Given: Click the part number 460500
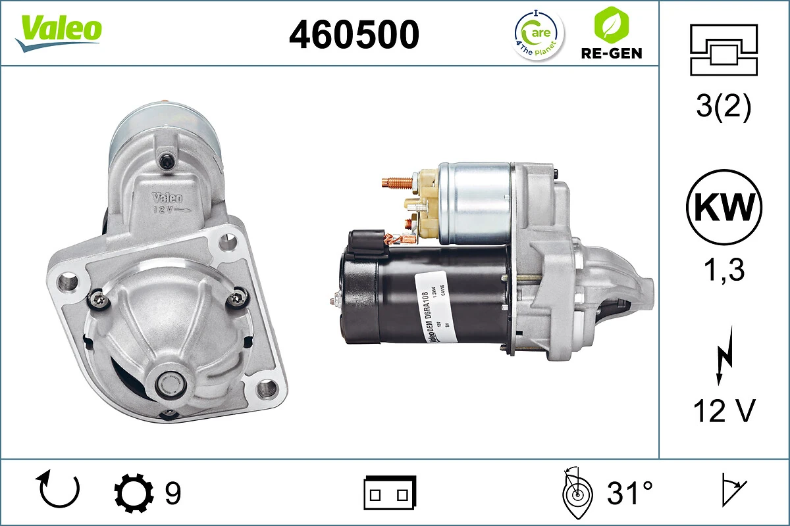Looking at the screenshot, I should (x=354, y=34).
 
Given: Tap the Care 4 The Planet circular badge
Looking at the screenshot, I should (x=538, y=34).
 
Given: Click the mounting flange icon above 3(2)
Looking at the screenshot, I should (x=724, y=50).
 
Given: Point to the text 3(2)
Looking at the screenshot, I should (x=724, y=108).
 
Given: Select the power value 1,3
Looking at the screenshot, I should (x=724, y=269).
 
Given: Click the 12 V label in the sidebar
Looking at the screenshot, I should (x=724, y=412).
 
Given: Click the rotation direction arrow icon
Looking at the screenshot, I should (x=60, y=490).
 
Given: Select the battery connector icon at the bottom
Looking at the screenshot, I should (x=390, y=492).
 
